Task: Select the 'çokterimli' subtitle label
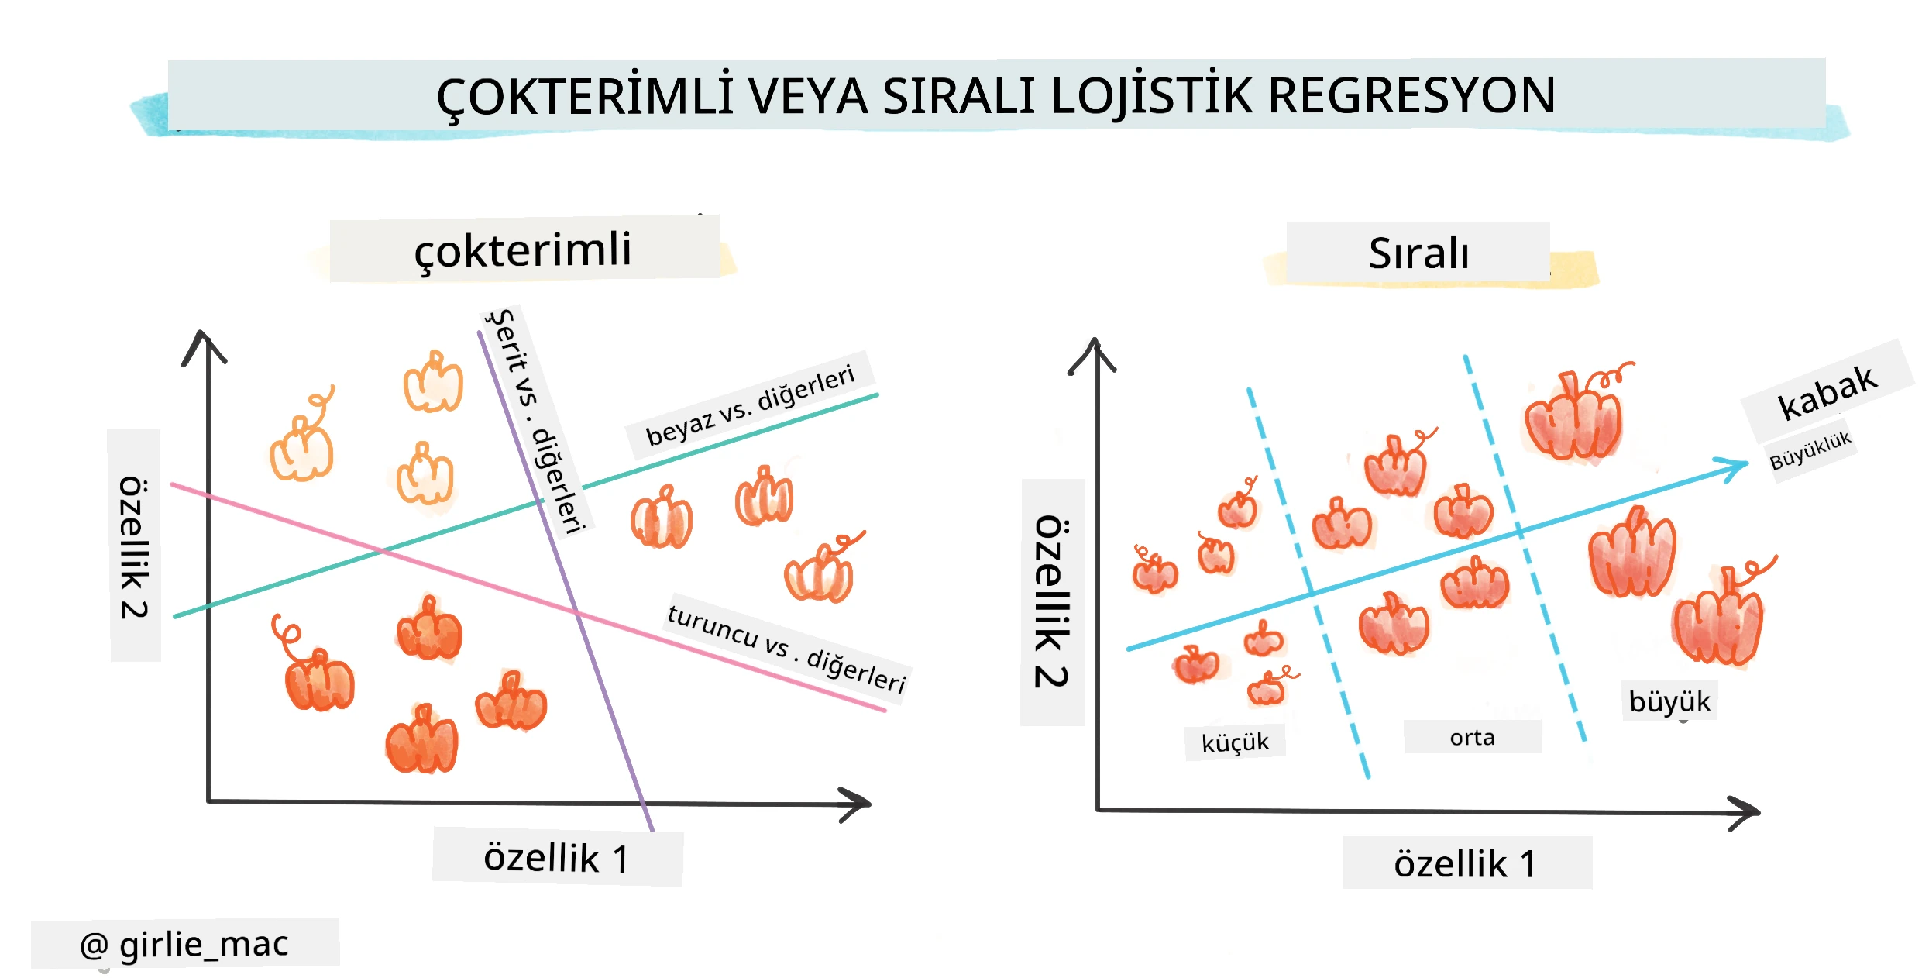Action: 523,250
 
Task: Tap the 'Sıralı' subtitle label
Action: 1418,253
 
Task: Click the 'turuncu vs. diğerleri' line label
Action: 786,648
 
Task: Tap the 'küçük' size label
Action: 1235,742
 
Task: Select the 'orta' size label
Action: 1472,737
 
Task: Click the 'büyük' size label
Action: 1669,701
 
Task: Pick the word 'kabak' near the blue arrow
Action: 1827,393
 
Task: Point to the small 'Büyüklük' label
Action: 1810,450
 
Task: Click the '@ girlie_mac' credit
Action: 184,945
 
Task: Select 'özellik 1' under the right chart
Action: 1465,863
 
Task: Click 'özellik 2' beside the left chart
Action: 134,547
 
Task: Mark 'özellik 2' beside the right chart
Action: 1052,601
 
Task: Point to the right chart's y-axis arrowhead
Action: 1094,353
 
